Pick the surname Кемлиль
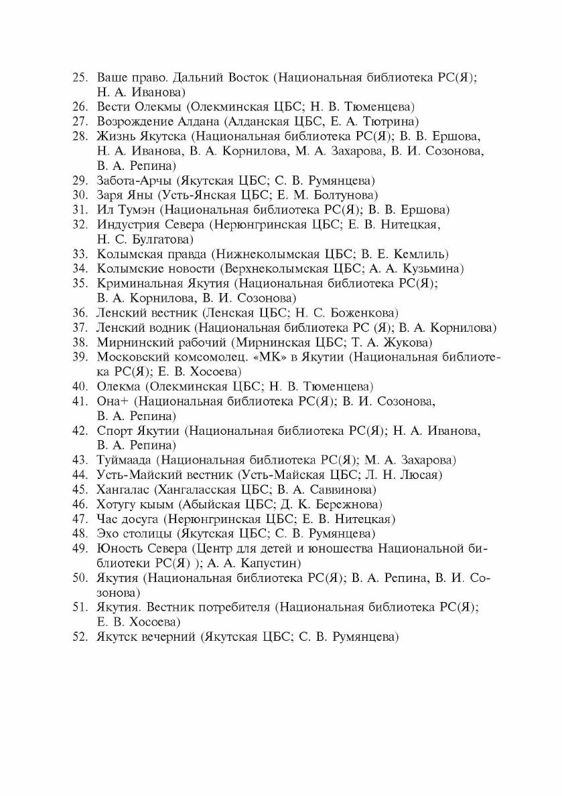421,254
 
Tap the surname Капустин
275,563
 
